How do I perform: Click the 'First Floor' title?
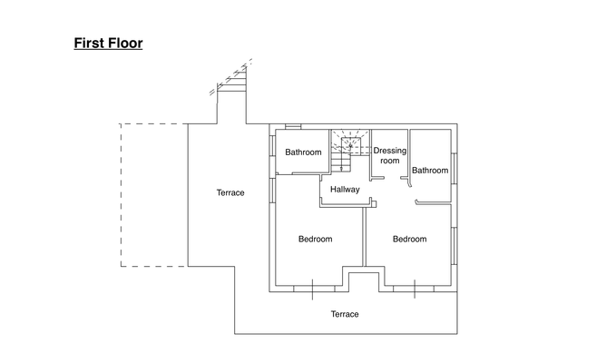click(108, 43)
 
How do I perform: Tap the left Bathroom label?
click(303, 152)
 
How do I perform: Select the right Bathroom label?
click(429, 171)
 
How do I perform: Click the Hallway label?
click(345, 190)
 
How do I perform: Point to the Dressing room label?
click(389, 155)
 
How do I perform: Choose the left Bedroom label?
click(315, 240)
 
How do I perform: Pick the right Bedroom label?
click(409, 240)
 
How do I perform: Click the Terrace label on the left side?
click(230, 192)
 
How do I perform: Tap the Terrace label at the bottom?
click(344, 314)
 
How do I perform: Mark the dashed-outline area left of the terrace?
click(153, 194)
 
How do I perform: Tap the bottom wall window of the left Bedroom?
click(313, 289)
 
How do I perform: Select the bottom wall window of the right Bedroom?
click(416, 289)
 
